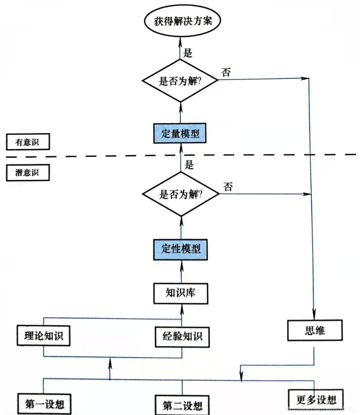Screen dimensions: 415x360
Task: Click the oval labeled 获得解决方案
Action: pyautogui.click(x=183, y=21)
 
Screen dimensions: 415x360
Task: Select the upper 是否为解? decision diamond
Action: pyautogui.click(x=180, y=81)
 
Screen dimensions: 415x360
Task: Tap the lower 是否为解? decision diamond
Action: pyautogui.click(x=181, y=194)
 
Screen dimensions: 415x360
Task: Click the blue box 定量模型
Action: pyautogui.click(x=180, y=133)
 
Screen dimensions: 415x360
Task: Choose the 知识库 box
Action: pyautogui.click(x=181, y=293)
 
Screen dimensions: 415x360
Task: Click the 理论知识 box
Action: pyautogui.click(x=43, y=336)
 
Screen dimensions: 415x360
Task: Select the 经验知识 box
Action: pyautogui.click(x=182, y=337)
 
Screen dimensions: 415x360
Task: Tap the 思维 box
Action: pyautogui.click(x=315, y=330)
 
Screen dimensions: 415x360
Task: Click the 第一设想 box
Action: pyautogui.click(x=44, y=404)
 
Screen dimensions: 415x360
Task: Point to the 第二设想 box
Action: pyautogui.click(x=182, y=405)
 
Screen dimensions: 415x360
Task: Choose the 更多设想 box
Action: pyautogui.click(x=316, y=399)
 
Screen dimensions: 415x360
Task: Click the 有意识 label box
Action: pyautogui.click(x=28, y=142)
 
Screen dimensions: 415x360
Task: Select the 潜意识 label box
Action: pyautogui.click(x=28, y=172)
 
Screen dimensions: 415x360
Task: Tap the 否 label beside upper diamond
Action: pyautogui.click(x=226, y=72)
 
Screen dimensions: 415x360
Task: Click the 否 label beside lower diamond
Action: pyautogui.click(x=228, y=186)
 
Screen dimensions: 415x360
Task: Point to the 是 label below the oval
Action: pyautogui.click(x=188, y=53)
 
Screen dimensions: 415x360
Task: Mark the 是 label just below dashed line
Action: pyautogui.click(x=189, y=164)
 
